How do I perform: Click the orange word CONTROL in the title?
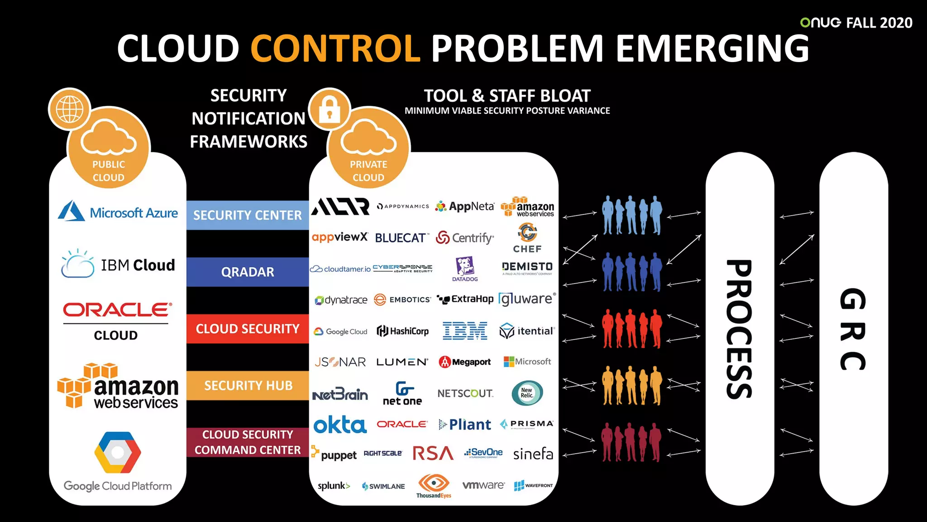335,48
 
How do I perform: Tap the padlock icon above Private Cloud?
330,109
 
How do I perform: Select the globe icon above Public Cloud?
70,109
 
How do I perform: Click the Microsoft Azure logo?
118,212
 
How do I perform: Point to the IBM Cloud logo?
118,264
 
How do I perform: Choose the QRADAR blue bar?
248,272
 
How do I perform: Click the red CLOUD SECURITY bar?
248,329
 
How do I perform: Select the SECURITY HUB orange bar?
248,386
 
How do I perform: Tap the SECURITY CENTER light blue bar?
248,215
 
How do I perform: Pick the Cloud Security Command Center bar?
248,442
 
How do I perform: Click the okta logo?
340,425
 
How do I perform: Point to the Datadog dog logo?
465,267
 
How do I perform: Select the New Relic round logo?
527,393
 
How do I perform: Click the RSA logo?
433,453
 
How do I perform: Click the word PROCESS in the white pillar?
740,329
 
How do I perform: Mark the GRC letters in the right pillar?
853,329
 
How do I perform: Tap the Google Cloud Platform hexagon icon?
118,452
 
